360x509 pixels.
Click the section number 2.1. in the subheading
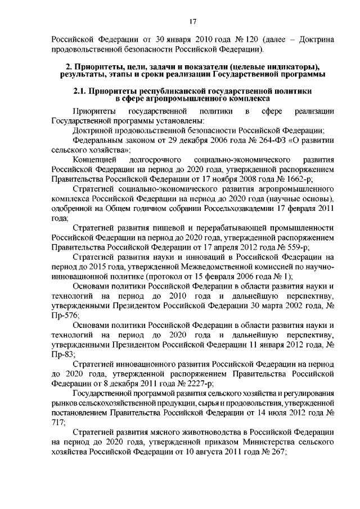click(x=83, y=91)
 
